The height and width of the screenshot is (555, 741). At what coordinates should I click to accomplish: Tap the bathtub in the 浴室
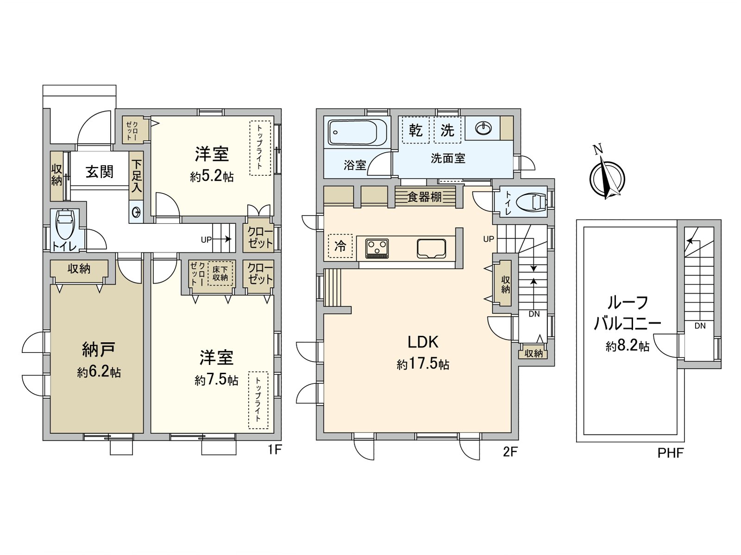(x=357, y=132)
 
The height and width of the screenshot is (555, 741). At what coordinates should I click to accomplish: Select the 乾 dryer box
(x=415, y=130)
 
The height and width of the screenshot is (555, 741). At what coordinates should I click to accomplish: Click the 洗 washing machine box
(x=447, y=130)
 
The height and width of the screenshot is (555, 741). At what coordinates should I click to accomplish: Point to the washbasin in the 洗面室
(x=483, y=128)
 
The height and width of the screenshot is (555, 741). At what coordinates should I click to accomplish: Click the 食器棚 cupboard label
(x=425, y=197)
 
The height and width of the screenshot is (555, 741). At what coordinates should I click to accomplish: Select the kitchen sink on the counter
(x=431, y=248)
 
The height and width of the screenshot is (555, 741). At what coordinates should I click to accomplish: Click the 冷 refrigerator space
(x=340, y=246)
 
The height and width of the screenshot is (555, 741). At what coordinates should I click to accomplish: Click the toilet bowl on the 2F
(x=530, y=202)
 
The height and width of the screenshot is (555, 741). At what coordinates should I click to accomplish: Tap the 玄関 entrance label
(x=99, y=172)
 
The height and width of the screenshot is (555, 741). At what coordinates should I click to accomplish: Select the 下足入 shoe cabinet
(x=136, y=177)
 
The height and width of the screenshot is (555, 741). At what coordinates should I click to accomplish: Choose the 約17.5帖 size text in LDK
(x=422, y=364)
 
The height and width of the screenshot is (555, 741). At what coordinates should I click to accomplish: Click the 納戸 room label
(x=98, y=349)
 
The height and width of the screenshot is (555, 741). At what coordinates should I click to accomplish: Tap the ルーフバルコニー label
(x=628, y=314)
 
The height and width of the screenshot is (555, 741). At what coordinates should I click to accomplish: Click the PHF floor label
(x=670, y=453)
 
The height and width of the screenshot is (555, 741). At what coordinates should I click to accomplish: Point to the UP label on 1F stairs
(x=206, y=240)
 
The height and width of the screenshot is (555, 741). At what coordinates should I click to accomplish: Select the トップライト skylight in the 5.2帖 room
(x=260, y=148)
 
